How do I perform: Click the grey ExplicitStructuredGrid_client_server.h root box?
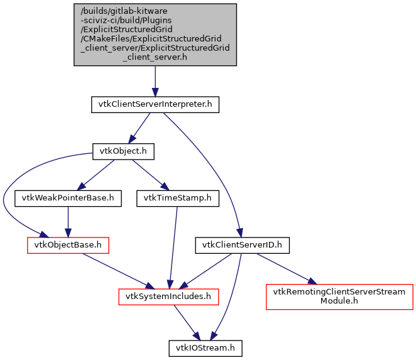point(155,35)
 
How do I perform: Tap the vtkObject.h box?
point(123,151)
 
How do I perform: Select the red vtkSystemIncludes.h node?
point(169,295)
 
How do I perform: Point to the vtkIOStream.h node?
point(205,347)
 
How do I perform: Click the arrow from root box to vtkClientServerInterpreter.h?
point(155,82)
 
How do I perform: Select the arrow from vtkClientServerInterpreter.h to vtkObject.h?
point(140,128)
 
